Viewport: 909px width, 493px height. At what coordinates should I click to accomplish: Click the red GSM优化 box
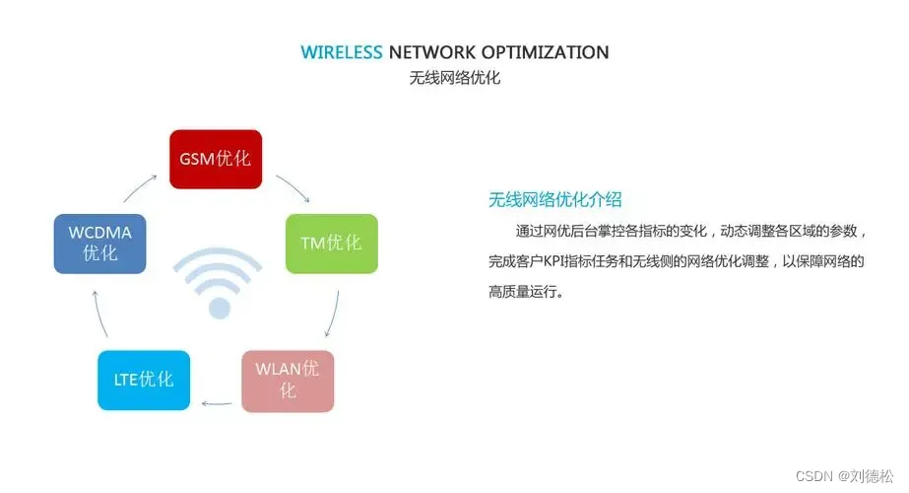pos(215,159)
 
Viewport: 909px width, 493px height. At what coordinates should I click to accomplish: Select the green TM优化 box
pos(331,243)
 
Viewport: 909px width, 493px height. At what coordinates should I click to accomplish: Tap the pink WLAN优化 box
pos(288,381)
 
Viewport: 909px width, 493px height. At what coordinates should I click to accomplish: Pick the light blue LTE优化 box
pos(143,380)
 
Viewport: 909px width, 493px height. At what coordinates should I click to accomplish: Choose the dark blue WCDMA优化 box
pos(99,243)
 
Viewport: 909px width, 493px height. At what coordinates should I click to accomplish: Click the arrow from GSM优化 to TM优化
pos(293,188)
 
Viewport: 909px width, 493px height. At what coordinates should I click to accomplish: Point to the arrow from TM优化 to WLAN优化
pos(332,317)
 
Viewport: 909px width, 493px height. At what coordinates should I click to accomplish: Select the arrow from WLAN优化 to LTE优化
pos(217,402)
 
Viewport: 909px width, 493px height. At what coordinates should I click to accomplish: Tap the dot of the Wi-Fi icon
pos(219,309)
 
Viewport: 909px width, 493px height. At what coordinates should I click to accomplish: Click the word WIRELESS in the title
pos(342,52)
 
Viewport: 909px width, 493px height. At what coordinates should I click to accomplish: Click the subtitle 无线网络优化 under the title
pos(454,78)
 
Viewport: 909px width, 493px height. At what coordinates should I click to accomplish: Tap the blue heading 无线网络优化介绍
pos(554,200)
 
